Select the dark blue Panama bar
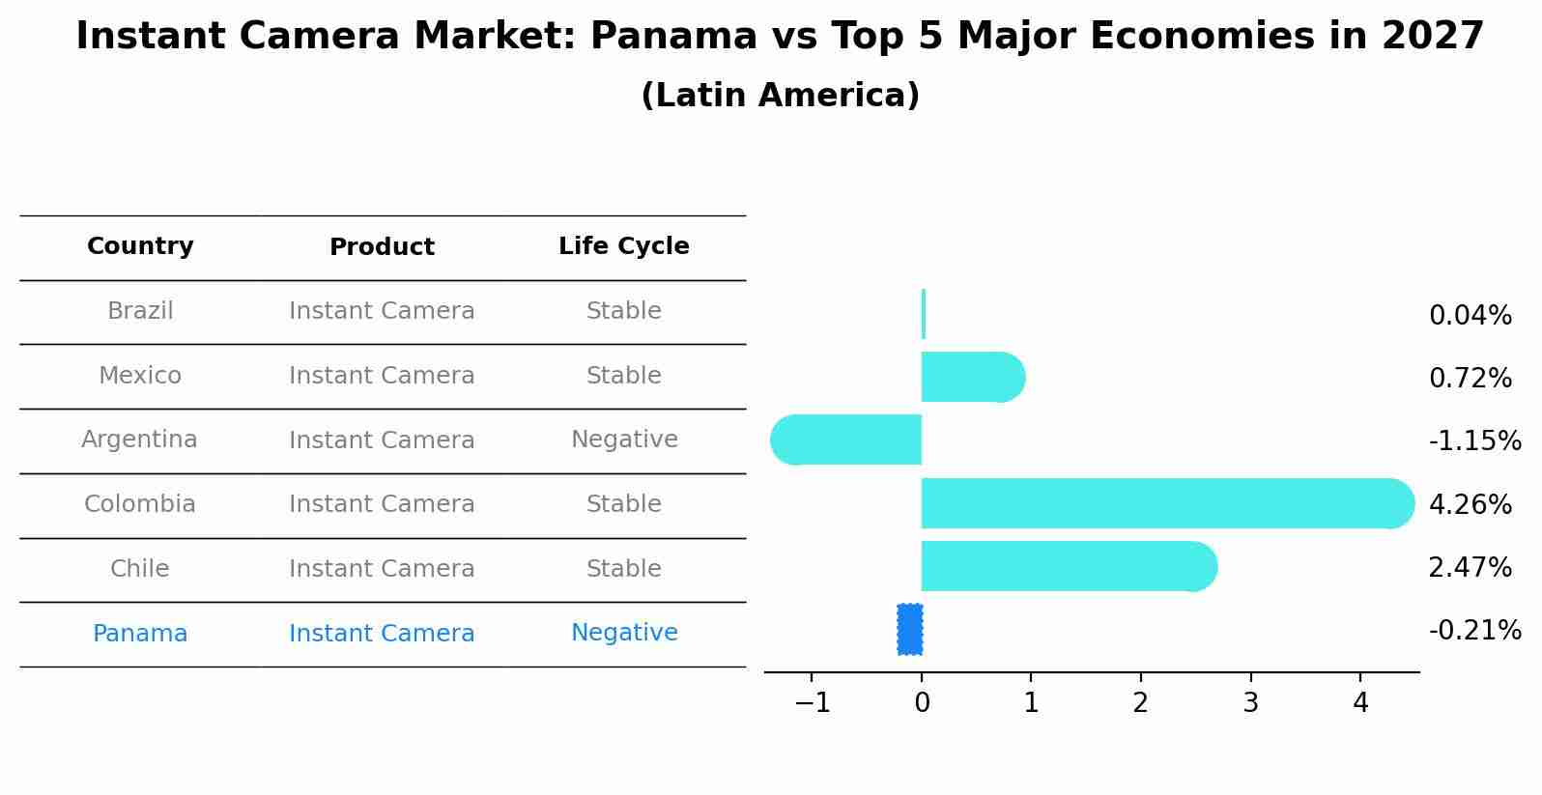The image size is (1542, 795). pos(909,630)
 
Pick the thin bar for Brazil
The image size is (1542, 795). pos(924,314)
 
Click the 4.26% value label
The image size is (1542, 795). pos(1470,504)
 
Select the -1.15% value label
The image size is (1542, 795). pos(1474,441)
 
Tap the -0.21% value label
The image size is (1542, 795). pos(1474,631)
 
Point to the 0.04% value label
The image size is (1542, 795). pos(1470,316)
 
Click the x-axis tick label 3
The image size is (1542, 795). pos(1250,703)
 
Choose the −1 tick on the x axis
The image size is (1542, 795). pos(812,703)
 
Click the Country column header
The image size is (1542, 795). pos(140,246)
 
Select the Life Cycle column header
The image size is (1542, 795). pos(623,246)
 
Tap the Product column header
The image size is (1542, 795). pos(382,247)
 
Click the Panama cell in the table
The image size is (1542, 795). pos(140,634)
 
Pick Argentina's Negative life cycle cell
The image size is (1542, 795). pos(624,440)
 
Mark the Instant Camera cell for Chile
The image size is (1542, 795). pos(382,569)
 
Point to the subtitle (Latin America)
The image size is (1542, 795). pos(780,96)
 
